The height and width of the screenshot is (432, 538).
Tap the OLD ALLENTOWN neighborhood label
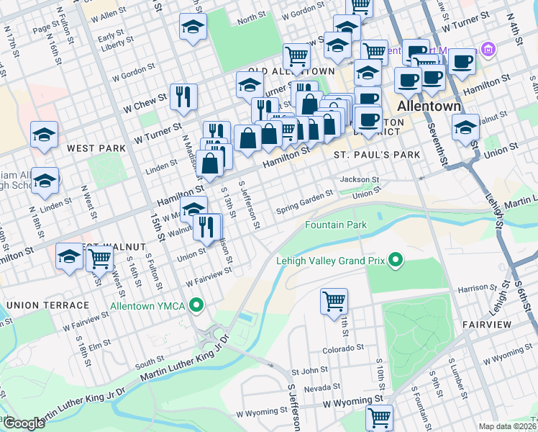coord(291,71)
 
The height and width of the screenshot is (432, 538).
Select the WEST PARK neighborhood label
coord(96,148)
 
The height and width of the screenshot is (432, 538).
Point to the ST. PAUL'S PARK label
coord(376,155)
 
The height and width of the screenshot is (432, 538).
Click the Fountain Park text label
coord(336,225)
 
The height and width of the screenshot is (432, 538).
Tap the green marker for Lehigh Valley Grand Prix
coord(395,260)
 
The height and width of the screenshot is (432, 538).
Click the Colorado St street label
coord(343,348)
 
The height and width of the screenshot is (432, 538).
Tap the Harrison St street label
coord(473,288)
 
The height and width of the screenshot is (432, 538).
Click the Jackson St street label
coord(359,179)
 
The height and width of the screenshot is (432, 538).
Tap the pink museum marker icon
coord(488,50)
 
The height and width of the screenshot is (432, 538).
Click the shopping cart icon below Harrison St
coord(334,302)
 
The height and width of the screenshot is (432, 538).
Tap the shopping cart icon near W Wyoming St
coord(379,417)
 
